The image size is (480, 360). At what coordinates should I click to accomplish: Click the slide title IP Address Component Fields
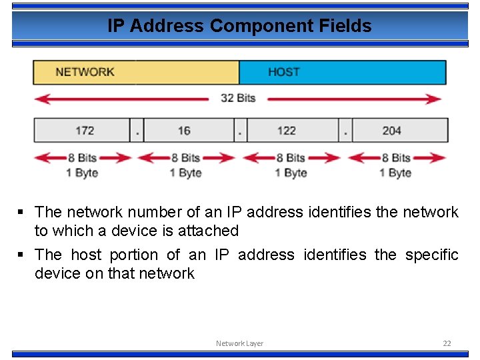point(239,26)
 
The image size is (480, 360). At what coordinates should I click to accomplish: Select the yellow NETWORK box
point(136,72)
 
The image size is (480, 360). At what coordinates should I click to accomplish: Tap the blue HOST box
point(342,72)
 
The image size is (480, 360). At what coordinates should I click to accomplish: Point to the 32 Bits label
point(238,98)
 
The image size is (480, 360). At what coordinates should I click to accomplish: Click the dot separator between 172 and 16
point(136,131)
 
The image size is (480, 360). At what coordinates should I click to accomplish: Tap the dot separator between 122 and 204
point(345,131)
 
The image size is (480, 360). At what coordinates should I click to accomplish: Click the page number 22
point(447,343)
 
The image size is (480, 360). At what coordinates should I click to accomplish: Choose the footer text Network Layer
point(239,343)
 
